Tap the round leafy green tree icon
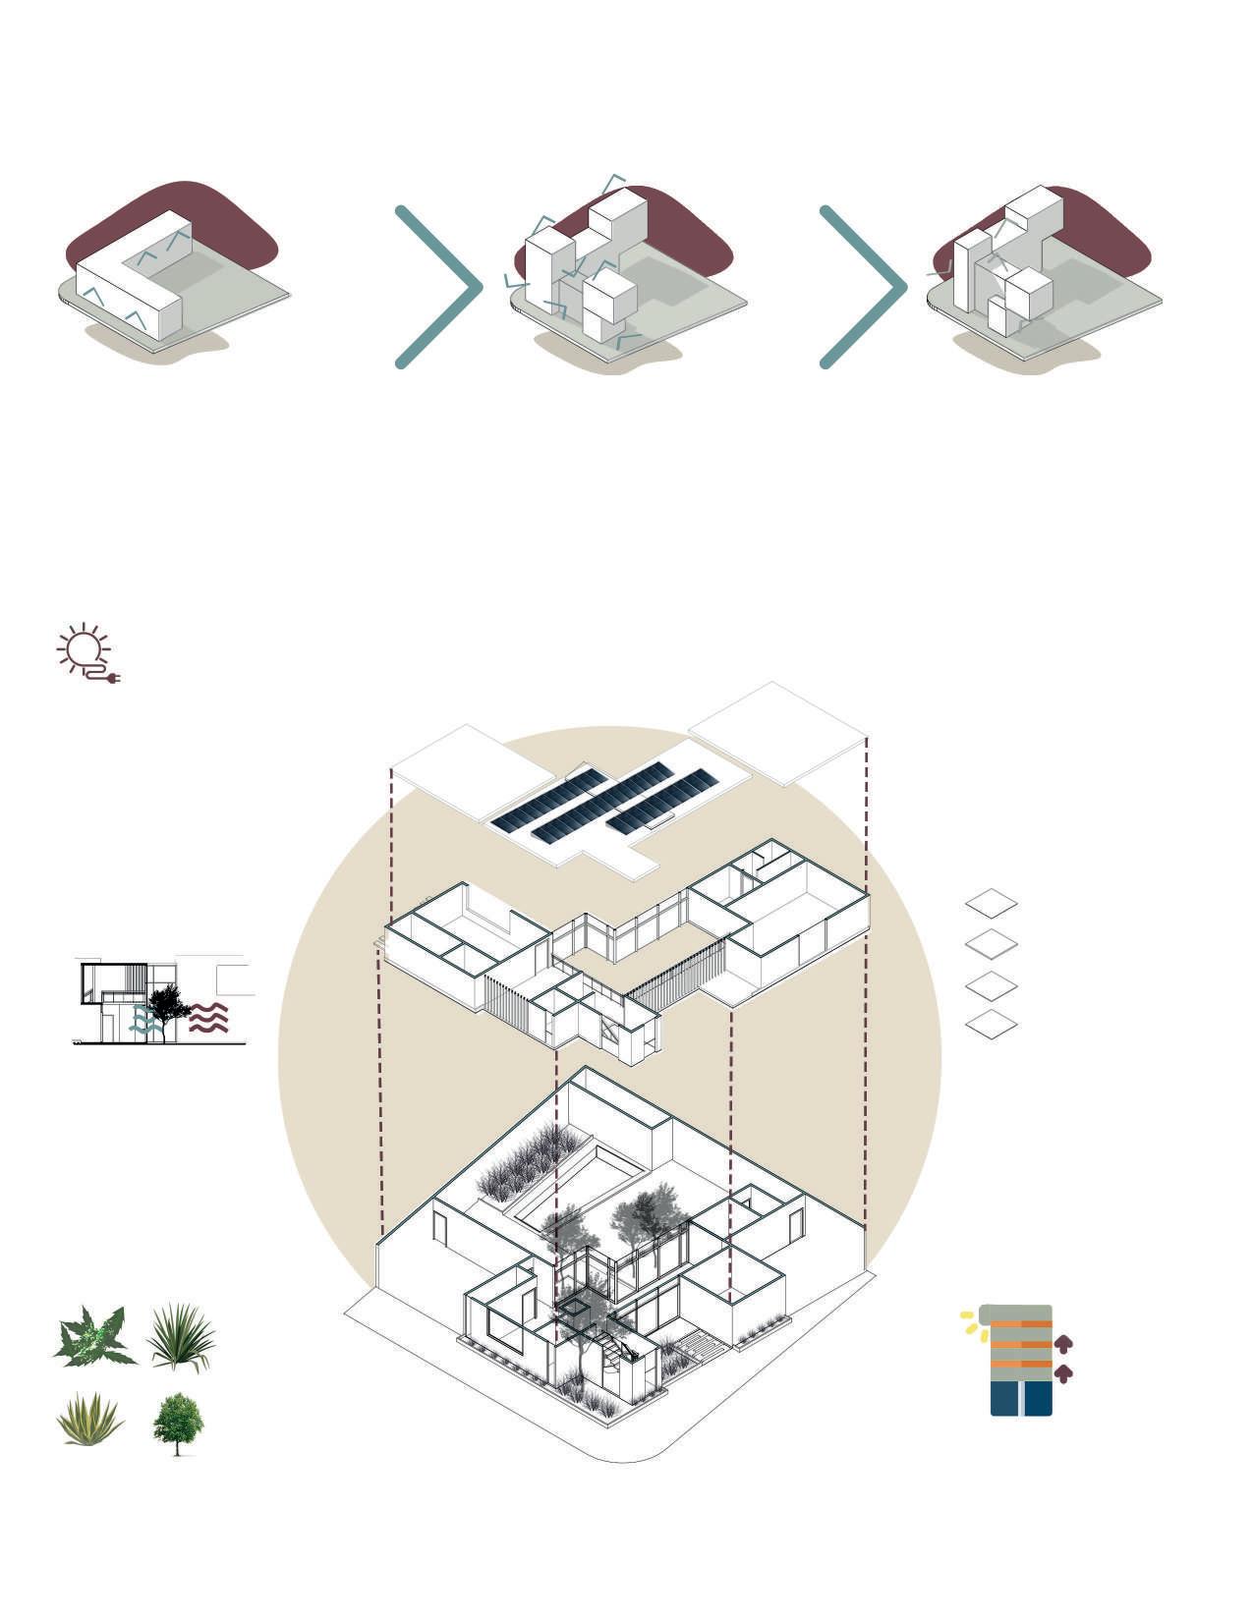(x=178, y=1422)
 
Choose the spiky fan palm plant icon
(x=181, y=1335)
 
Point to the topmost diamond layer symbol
(x=991, y=903)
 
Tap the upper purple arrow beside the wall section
(x=1062, y=1343)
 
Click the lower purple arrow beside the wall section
(x=1062, y=1372)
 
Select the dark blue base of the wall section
(x=1021, y=1398)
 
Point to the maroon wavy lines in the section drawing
(x=208, y=1019)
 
